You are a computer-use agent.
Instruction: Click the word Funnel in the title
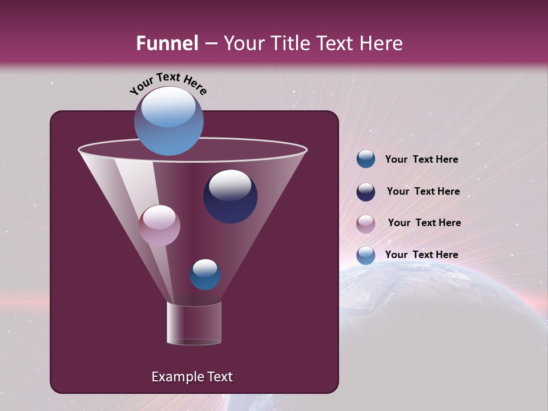click(167, 43)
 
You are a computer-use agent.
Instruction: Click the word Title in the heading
click(290, 43)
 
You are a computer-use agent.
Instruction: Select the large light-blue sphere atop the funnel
click(168, 121)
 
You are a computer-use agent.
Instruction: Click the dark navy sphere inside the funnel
click(230, 196)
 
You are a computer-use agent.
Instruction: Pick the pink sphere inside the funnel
click(159, 225)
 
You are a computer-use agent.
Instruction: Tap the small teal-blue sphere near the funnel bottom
click(205, 275)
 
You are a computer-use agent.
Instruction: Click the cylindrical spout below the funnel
click(194, 323)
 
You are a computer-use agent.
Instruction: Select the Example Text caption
click(192, 377)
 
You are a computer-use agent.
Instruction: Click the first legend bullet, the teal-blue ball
click(365, 159)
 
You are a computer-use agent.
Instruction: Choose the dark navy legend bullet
click(365, 192)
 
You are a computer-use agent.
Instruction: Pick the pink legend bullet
click(365, 224)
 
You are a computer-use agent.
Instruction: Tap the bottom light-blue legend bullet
click(365, 255)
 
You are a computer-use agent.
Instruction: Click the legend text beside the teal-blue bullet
click(421, 160)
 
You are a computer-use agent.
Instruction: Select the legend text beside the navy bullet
click(423, 192)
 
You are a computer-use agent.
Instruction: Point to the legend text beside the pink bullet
click(424, 223)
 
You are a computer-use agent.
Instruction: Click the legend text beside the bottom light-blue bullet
click(421, 255)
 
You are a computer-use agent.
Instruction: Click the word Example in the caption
click(173, 377)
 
